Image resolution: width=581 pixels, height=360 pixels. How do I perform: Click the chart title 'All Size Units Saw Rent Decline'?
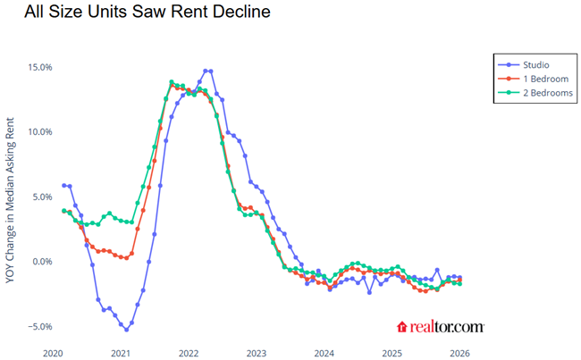pyautogui.click(x=135, y=13)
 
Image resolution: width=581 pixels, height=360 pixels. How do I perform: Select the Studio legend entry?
pyautogui.click(x=535, y=65)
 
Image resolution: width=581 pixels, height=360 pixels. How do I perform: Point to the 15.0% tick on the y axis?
pyautogui.click(x=38, y=67)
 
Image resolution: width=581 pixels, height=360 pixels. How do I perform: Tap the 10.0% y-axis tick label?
pyautogui.click(x=38, y=132)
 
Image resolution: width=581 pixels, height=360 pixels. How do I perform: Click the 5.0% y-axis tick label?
pyautogui.click(x=40, y=197)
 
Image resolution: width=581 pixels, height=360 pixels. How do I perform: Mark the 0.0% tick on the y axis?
pyautogui.click(x=40, y=262)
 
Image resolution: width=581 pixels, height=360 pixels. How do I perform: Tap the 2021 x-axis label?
pyautogui.click(x=121, y=352)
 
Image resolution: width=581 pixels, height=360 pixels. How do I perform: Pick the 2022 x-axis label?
pyautogui.click(x=189, y=352)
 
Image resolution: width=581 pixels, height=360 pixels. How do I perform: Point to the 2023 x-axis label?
pyautogui.click(x=257, y=352)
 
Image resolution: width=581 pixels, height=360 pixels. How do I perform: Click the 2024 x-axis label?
pyautogui.click(x=324, y=352)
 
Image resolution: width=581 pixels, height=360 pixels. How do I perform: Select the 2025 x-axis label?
pyautogui.click(x=392, y=352)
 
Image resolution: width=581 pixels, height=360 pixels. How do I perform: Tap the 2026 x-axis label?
pyautogui.click(x=460, y=352)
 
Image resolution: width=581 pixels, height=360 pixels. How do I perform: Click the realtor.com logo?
pyautogui.click(x=440, y=328)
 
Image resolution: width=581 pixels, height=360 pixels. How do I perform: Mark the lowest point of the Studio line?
pyautogui.click(x=126, y=330)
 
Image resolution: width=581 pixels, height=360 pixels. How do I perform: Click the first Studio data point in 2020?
pyautogui.click(x=63, y=185)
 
